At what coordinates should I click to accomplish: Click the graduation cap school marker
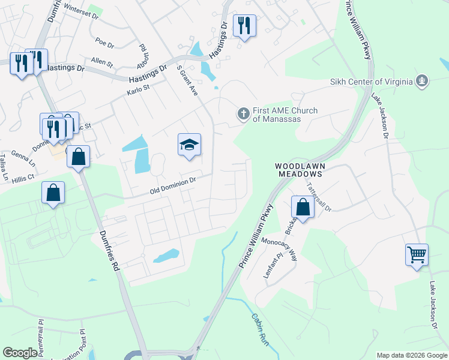(189, 145)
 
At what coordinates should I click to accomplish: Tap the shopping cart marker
(417, 255)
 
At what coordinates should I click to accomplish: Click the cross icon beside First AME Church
(244, 112)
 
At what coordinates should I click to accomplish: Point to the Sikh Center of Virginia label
(371, 82)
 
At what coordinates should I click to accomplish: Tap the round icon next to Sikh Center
(422, 80)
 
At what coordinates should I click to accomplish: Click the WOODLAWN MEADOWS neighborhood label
(299, 169)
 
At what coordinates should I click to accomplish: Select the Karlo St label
(137, 91)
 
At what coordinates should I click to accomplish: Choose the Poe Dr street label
(104, 43)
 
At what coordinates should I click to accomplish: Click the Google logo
(20, 353)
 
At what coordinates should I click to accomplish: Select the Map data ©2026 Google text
(411, 355)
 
